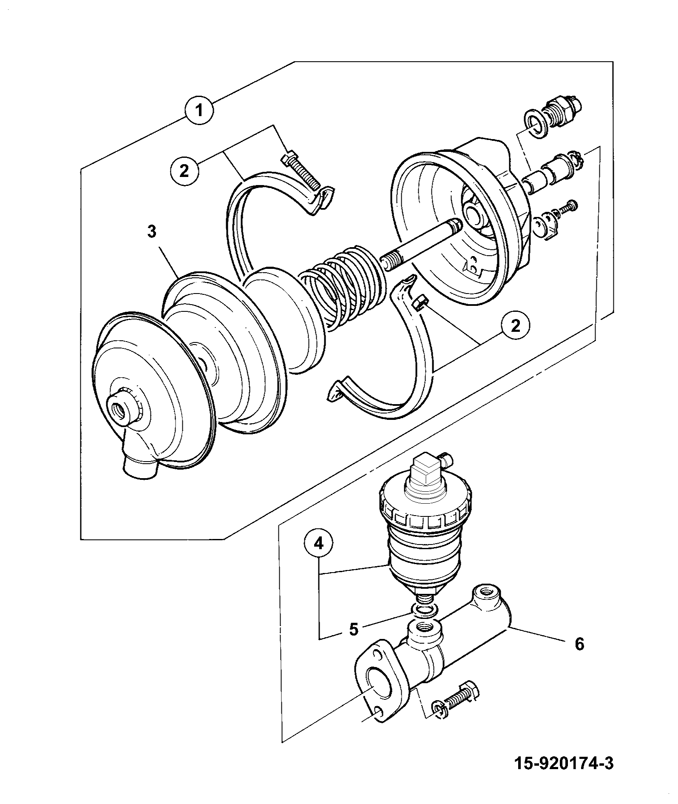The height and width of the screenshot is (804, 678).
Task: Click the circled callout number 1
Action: [x=199, y=110]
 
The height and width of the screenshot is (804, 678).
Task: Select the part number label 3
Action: [x=152, y=232]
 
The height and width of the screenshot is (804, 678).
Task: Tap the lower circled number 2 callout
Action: [x=515, y=327]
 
